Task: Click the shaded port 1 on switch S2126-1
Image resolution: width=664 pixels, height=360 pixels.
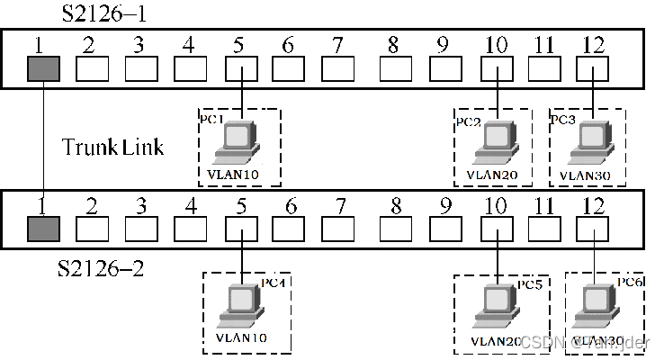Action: pos(41,68)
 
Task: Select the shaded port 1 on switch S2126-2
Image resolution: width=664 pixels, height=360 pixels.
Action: pos(41,229)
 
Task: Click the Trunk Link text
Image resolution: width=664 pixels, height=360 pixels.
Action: pos(112,146)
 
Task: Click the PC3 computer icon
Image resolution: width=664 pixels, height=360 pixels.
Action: pos(592,139)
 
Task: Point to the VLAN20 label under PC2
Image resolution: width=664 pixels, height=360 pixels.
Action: pos(492,173)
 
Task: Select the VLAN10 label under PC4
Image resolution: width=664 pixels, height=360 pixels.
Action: pos(242,337)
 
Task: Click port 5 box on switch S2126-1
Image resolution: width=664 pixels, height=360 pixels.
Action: pos(242,68)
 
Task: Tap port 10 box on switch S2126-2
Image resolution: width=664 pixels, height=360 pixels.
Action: pos(497,229)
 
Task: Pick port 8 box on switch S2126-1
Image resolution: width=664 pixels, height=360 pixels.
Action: pos(394,68)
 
